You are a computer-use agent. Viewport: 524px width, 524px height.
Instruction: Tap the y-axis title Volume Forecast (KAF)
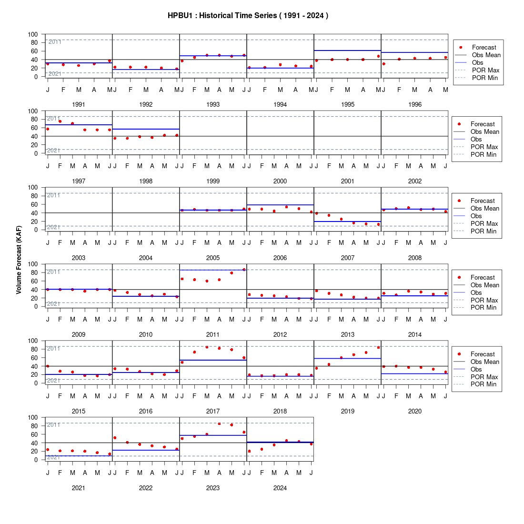tap(19, 260)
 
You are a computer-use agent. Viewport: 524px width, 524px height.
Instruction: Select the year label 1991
tap(79, 105)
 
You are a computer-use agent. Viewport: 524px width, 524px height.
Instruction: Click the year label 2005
tap(213, 258)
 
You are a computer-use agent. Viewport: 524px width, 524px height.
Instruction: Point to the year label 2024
tap(280, 488)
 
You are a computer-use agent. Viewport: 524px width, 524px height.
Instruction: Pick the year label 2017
tap(213, 412)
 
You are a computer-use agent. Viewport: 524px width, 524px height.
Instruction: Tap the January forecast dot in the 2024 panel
tap(249, 452)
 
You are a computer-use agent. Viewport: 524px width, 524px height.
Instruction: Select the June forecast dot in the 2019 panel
tap(378, 348)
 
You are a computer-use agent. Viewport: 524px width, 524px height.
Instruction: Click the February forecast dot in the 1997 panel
tap(60, 121)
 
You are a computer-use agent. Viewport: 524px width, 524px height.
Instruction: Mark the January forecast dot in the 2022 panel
tap(115, 438)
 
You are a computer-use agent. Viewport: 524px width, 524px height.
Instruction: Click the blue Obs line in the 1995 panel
tap(348, 50)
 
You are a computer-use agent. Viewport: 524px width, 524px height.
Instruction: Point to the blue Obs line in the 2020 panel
tap(415, 373)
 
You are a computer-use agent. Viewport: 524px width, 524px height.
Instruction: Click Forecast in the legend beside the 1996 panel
tap(484, 48)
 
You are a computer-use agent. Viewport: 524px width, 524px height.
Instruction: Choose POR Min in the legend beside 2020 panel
tap(484, 384)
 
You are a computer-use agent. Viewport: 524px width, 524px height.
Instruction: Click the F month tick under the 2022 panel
tap(127, 473)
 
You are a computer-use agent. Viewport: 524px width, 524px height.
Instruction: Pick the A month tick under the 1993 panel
tap(219, 90)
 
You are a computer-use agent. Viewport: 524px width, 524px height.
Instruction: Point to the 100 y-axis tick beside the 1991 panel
tap(33, 34)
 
